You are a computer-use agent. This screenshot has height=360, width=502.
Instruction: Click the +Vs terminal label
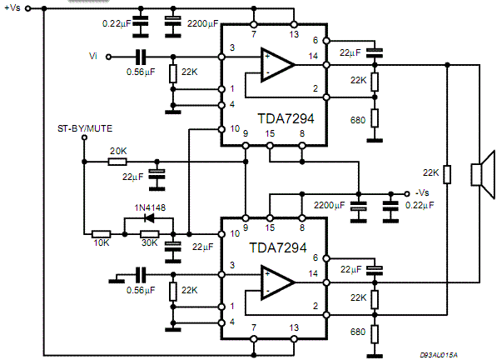(x=12, y=7)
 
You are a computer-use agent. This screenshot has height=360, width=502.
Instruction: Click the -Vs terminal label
(x=422, y=192)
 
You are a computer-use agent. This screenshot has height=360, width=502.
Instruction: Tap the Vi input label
(x=93, y=56)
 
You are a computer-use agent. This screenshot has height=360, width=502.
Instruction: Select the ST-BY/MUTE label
(x=85, y=128)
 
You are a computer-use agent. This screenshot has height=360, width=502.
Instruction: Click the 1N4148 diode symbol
(x=149, y=218)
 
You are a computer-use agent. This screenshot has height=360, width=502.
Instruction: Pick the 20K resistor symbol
(x=117, y=162)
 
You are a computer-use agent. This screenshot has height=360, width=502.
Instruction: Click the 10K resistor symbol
(x=102, y=234)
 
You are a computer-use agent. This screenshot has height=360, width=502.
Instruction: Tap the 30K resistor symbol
(x=150, y=234)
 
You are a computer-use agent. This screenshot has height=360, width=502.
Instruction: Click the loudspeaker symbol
(x=483, y=174)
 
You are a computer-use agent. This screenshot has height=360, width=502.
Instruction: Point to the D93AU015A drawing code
(x=439, y=355)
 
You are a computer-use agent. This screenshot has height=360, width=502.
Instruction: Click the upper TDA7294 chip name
(x=286, y=118)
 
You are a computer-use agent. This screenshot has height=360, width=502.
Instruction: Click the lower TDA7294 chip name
(x=278, y=247)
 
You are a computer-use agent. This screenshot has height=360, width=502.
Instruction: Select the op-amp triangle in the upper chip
(x=277, y=65)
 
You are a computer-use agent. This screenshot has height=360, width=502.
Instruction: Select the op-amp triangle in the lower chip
(x=277, y=282)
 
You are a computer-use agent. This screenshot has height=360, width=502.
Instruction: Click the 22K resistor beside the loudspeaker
(x=447, y=174)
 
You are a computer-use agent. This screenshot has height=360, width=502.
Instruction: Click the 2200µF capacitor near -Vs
(x=359, y=207)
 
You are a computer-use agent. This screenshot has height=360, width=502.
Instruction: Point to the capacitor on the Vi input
(x=141, y=57)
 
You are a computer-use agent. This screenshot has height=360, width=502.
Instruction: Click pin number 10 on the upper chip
(x=235, y=128)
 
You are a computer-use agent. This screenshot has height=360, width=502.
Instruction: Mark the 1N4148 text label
(x=150, y=207)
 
